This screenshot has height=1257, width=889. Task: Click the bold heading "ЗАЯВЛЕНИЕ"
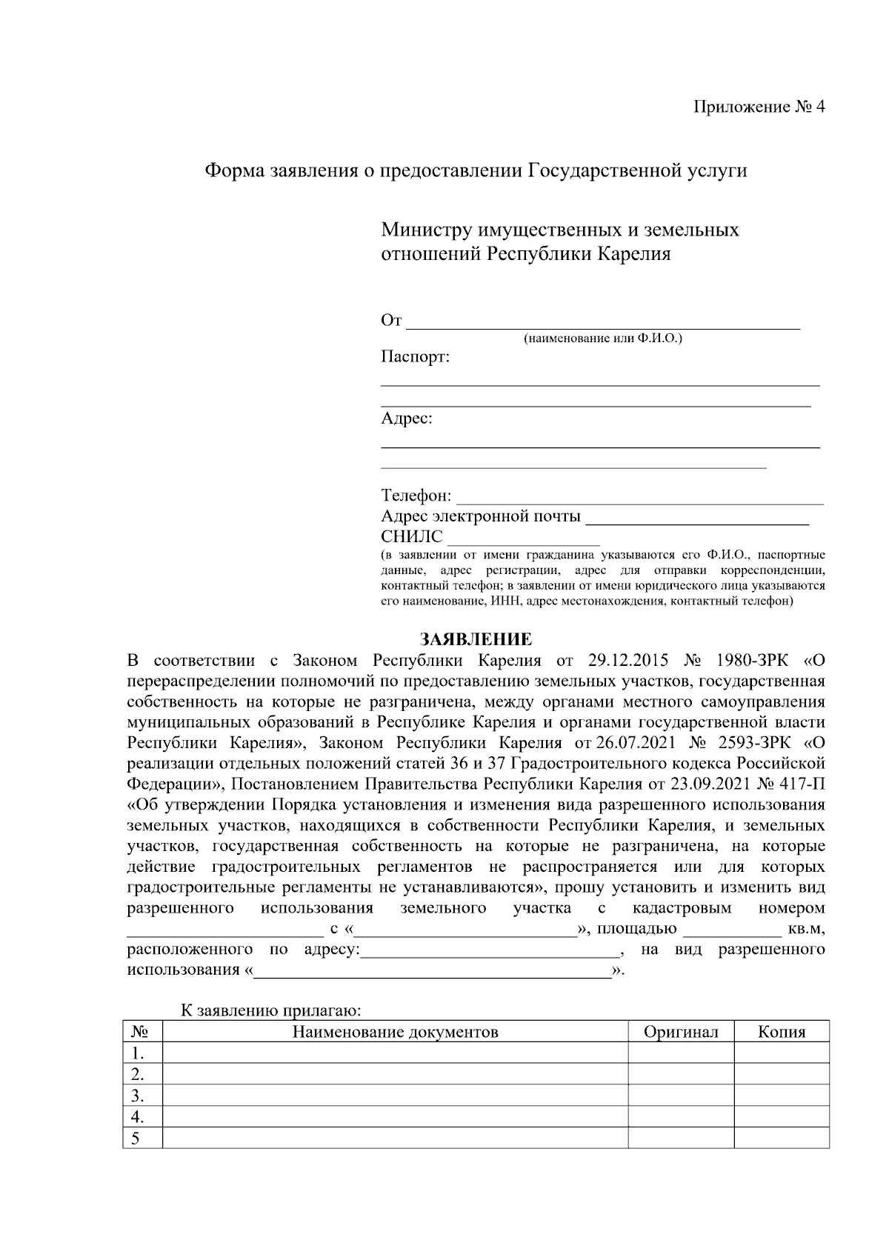coord(476,639)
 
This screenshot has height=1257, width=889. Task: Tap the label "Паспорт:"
coord(415,358)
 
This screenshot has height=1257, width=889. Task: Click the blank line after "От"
coord(603,323)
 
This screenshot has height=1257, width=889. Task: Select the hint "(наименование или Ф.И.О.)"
coord(603,339)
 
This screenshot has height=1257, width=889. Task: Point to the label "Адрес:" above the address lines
coord(406,419)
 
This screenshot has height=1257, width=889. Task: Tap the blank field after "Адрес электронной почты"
coord(696,518)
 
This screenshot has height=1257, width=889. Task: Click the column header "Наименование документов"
coord(395,1032)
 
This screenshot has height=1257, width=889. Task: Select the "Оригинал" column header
coord(681,1032)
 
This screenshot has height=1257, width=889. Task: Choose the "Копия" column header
coord(781,1032)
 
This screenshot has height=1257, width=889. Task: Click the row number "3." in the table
coord(136,1096)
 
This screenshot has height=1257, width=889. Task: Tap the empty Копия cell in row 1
coord(781,1053)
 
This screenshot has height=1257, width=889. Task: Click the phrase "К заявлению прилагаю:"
coord(271,1011)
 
